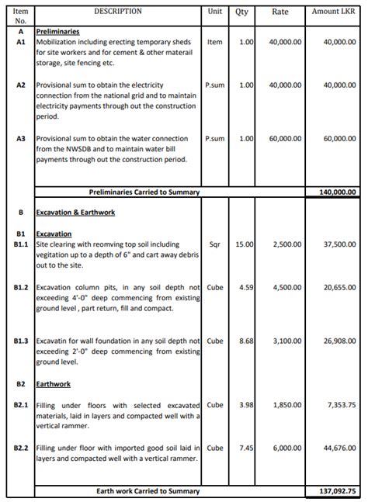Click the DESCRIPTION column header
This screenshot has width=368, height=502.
click(118, 12)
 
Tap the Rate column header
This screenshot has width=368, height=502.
click(280, 12)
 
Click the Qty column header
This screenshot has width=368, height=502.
click(241, 12)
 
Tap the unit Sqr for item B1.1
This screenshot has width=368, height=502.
click(215, 244)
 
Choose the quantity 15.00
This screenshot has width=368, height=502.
click(245, 244)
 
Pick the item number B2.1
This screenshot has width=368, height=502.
click(21, 405)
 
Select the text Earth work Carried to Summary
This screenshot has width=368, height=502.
click(148, 491)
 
